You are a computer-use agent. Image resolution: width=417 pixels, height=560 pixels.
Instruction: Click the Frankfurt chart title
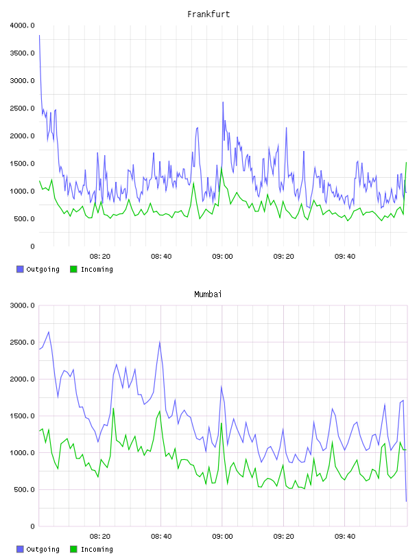(208, 14)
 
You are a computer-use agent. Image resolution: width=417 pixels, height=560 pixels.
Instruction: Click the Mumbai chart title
(208, 294)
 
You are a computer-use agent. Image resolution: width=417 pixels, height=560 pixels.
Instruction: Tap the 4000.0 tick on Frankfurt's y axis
(22, 25)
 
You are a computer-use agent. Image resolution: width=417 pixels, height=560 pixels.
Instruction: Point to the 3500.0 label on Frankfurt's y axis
(22, 54)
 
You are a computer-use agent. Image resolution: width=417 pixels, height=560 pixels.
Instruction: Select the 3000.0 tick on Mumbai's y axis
(22, 305)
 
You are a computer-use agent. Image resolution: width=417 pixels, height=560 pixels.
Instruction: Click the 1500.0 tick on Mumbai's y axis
(22, 416)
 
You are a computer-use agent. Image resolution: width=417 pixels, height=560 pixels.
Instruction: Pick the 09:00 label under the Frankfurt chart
(222, 257)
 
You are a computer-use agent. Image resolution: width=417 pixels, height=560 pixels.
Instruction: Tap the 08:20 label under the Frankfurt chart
(100, 257)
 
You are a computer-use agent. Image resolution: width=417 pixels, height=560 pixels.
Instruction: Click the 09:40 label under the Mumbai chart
(345, 537)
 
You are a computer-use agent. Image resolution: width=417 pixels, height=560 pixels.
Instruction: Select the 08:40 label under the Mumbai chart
(161, 537)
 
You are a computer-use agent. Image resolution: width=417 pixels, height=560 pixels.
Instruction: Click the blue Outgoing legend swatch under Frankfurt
(20, 269)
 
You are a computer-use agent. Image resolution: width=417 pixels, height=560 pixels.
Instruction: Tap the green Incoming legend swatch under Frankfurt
(73, 269)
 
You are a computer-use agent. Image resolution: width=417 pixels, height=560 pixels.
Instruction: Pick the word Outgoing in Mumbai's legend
(43, 549)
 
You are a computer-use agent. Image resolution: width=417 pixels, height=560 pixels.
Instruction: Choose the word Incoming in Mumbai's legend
(97, 549)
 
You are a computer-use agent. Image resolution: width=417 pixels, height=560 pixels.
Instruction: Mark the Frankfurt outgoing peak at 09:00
(223, 102)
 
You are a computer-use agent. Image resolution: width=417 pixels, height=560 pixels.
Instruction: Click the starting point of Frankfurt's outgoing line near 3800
(39, 36)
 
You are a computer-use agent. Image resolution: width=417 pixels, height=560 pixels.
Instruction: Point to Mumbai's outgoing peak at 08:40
(160, 342)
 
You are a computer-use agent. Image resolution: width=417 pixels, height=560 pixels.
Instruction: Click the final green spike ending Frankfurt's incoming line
(406, 163)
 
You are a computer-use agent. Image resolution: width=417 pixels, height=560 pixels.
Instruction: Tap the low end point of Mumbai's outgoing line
(406, 501)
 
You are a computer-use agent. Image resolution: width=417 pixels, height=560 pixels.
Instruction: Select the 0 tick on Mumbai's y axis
(32, 526)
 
